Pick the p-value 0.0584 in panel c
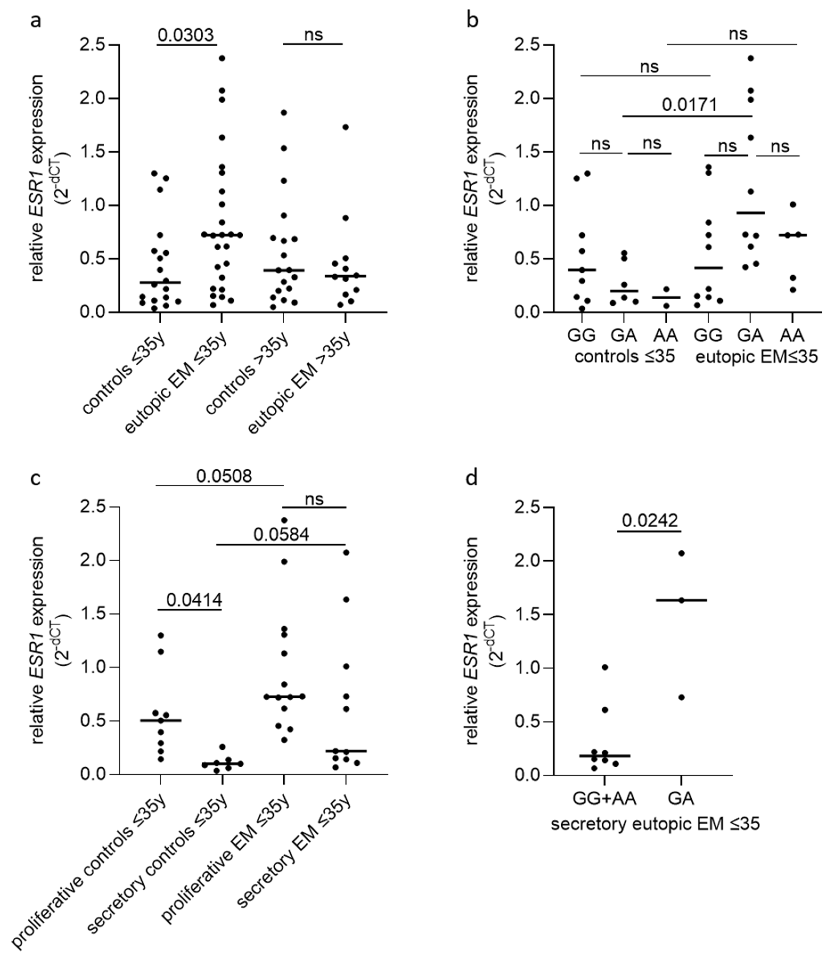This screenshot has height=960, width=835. coord(281,534)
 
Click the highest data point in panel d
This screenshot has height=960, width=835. coord(681,553)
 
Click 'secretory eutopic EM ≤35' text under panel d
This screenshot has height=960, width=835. coord(655,824)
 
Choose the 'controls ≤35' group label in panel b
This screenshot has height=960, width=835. coord(624,357)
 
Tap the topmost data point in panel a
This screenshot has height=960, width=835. coord(222,58)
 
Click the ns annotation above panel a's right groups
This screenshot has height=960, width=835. coord(313,35)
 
